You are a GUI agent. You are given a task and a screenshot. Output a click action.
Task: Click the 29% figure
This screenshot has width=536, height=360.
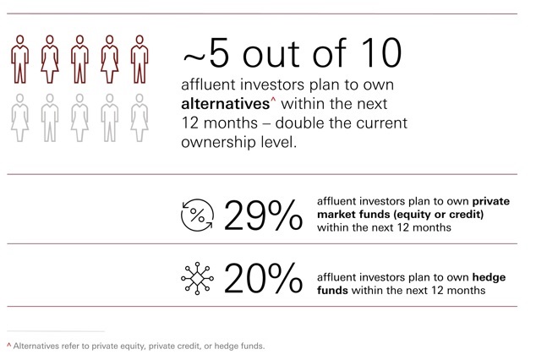[x=263, y=215]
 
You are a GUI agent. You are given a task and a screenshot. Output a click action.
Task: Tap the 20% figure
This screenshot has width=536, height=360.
[x=263, y=278]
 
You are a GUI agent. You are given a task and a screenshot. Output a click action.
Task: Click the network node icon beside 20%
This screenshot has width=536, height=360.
[x=197, y=278]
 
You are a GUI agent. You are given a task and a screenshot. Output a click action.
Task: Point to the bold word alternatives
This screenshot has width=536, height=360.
[x=225, y=104]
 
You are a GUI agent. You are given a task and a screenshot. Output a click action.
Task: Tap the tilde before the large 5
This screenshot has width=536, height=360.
[x=194, y=56]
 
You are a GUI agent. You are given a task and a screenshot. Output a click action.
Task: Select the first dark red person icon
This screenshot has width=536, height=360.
[x=19, y=59]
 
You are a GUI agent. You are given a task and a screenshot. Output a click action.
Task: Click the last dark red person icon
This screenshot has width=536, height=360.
[x=139, y=59]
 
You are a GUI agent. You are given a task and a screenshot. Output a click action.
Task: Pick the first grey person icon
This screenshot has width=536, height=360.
[x=19, y=117]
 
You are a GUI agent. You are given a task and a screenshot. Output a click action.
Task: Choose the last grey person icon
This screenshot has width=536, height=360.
[x=139, y=117]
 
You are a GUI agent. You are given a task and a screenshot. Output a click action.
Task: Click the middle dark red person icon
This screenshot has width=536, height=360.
[x=79, y=59]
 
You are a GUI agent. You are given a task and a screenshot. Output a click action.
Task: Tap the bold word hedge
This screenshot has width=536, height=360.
[x=489, y=277]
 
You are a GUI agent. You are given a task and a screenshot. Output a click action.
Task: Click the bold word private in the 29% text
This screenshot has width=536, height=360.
[x=491, y=201]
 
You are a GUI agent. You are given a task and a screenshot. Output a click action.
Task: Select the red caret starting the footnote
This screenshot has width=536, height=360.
[x=9, y=345]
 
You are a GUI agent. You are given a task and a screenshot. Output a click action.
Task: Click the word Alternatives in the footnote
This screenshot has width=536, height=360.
[x=36, y=346]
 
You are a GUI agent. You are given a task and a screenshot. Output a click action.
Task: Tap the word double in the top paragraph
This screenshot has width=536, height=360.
[x=295, y=123]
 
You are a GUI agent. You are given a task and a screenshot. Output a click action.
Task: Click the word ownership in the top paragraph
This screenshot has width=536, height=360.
[x=218, y=143]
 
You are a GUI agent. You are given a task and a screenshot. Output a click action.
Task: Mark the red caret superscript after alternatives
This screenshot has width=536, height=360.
[x=273, y=100]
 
